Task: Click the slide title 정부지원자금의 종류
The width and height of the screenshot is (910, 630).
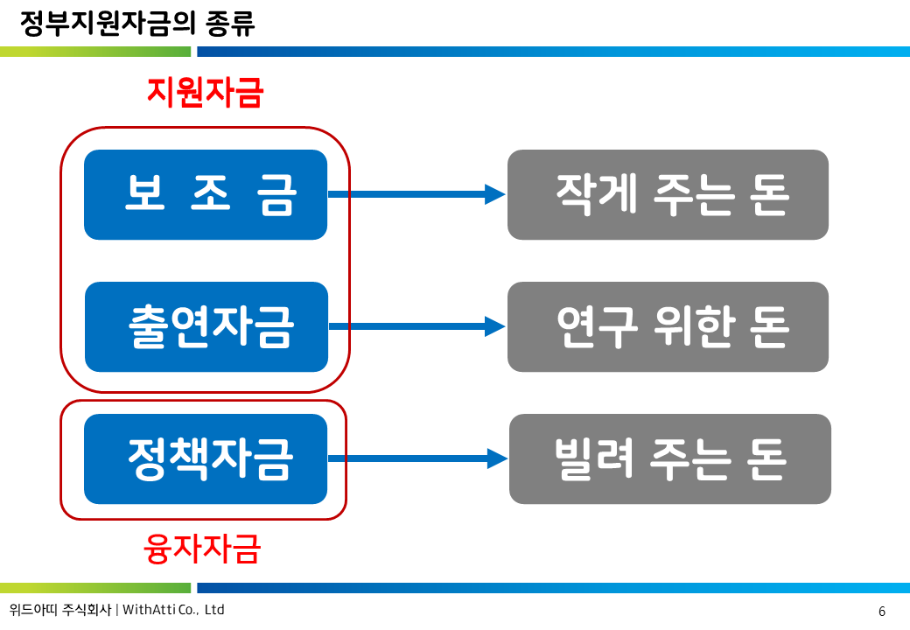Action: [137, 24]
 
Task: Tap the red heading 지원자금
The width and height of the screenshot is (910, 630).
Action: [205, 92]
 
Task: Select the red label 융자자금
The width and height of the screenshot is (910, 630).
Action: [202, 549]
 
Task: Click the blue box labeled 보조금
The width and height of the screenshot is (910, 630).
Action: [206, 194]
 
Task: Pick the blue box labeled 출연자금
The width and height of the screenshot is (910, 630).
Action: [206, 326]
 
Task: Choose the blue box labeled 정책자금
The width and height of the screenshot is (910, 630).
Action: [206, 458]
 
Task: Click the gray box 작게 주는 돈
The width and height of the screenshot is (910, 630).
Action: [668, 194]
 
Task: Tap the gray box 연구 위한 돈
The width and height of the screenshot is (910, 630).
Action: [668, 326]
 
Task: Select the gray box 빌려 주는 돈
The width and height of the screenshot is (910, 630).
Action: [669, 458]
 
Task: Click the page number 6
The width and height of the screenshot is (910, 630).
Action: [882, 611]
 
